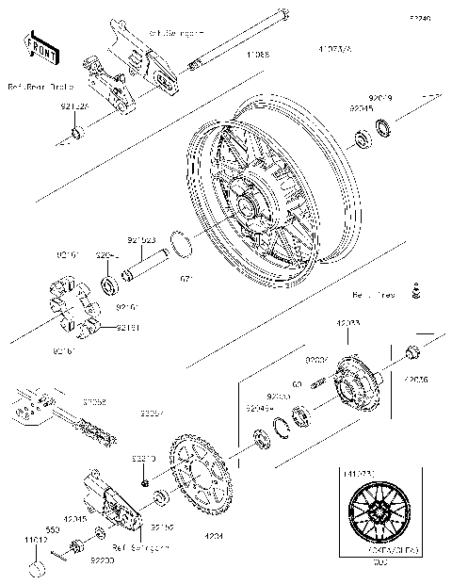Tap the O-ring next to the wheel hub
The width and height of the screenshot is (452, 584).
(183, 244)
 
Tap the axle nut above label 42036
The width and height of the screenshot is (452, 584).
(411, 353)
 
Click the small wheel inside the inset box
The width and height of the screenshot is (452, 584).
(374, 518)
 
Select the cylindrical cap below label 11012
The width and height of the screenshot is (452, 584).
(37, 568)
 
